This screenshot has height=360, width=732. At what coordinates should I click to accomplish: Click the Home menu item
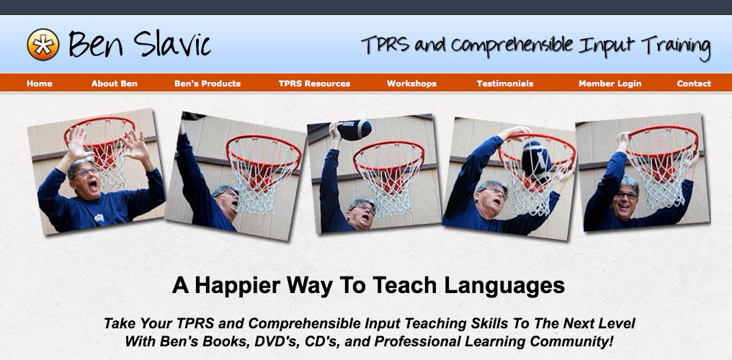pyautogui.click(x=40, y=84)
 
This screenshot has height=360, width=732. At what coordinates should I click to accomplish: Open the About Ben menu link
pyautogui.click(x=114, y=84)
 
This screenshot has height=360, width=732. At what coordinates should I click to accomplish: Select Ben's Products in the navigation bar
pyautogui.click(x=207, y=84)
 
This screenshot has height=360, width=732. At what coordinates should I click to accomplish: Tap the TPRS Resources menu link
pyautogui.click(x=314, y=84)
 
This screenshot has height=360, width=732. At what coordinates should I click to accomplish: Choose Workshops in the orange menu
pyautogui.click(x=411, y=84)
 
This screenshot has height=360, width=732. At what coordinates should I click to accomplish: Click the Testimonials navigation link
pyautogui.click(x=505, y=84)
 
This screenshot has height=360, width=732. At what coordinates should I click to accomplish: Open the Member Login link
pyautogui.click(x=609, y=84)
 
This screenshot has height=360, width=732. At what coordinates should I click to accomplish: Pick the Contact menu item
pyautogui.click(x=694, y=84)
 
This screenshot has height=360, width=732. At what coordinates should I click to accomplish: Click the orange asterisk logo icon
pyautogui.click(x=43, y=45)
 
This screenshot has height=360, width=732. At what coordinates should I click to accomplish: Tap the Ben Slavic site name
pyautogui.click(x=139, y=45)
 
